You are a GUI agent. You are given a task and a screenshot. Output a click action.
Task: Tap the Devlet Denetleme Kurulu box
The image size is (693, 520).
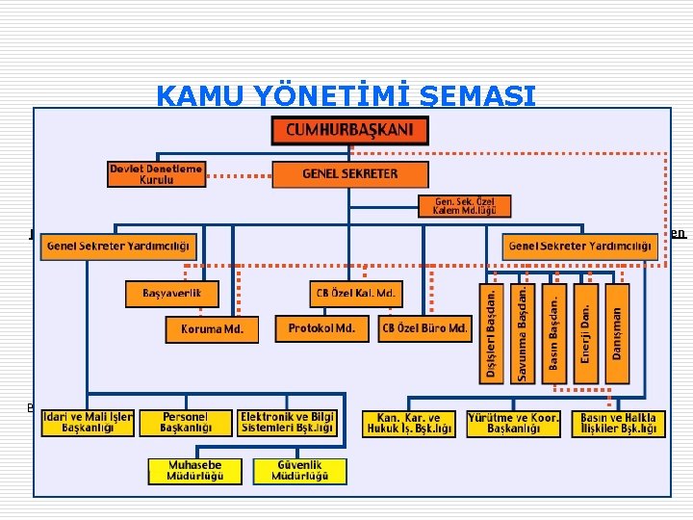[x=156, y=174]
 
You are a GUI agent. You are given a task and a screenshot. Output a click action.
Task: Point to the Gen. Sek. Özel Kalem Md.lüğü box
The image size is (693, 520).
[x=464, y=206]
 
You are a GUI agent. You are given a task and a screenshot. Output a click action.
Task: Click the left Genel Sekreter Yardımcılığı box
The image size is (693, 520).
[x=118, y=247]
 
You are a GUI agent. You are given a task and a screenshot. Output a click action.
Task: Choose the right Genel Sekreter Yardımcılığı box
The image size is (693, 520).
[x=579, y=247]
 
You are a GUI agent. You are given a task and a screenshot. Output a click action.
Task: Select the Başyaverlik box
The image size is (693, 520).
[x=172, y=293]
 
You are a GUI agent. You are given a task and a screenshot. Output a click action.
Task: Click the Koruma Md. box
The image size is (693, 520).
[x=218, y=329]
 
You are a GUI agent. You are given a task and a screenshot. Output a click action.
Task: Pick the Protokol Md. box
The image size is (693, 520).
[x=321, y=328]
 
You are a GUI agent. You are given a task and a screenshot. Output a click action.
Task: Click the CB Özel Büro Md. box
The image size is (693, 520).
[x=424, y=328]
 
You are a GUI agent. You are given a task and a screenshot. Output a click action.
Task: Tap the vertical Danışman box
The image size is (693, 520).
[x=616, y=333]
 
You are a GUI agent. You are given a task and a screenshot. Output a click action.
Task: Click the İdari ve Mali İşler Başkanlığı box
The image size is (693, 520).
[x=88, y=423]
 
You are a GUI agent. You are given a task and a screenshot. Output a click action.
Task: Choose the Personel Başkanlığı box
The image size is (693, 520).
[x=184, y=423]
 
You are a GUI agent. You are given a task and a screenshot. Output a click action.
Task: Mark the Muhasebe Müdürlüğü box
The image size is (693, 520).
[x=194, y=471]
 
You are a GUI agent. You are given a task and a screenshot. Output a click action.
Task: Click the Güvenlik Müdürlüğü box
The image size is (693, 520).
[x=298, y=471]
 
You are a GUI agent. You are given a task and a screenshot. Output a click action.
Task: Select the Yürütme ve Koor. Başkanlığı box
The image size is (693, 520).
[x=513, y=423]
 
